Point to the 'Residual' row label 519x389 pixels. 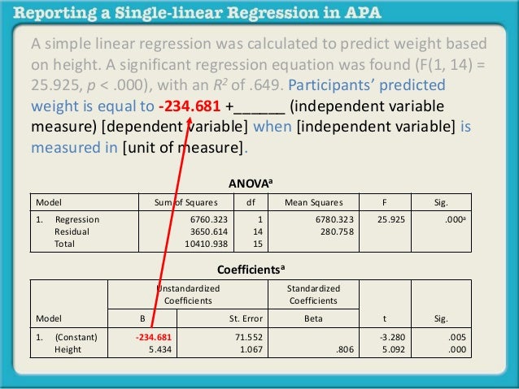pyautogui.click(x=72, y=231)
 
